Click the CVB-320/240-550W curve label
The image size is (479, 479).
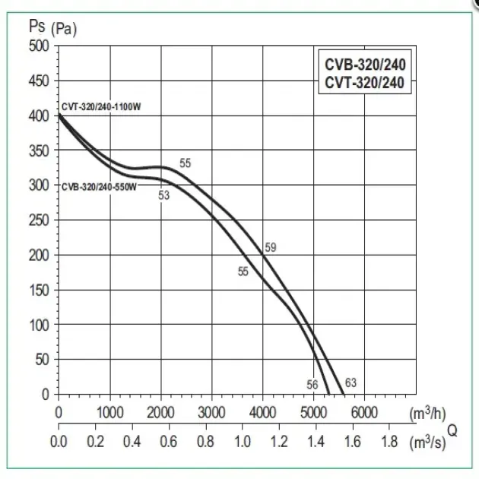coord(98,186)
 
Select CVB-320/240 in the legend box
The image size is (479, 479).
coord(362,66)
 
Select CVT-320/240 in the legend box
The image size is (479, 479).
coord(362,84)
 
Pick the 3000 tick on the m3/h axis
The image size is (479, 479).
coord(211,413)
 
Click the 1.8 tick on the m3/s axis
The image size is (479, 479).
coord(389,441)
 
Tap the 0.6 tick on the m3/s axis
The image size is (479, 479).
coord(169,441)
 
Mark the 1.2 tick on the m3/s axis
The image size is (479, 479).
coord(279,441)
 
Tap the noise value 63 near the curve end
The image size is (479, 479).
coord(351,382)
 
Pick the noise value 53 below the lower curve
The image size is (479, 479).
coord(163,195)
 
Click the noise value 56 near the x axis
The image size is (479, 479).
coord(312,385)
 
